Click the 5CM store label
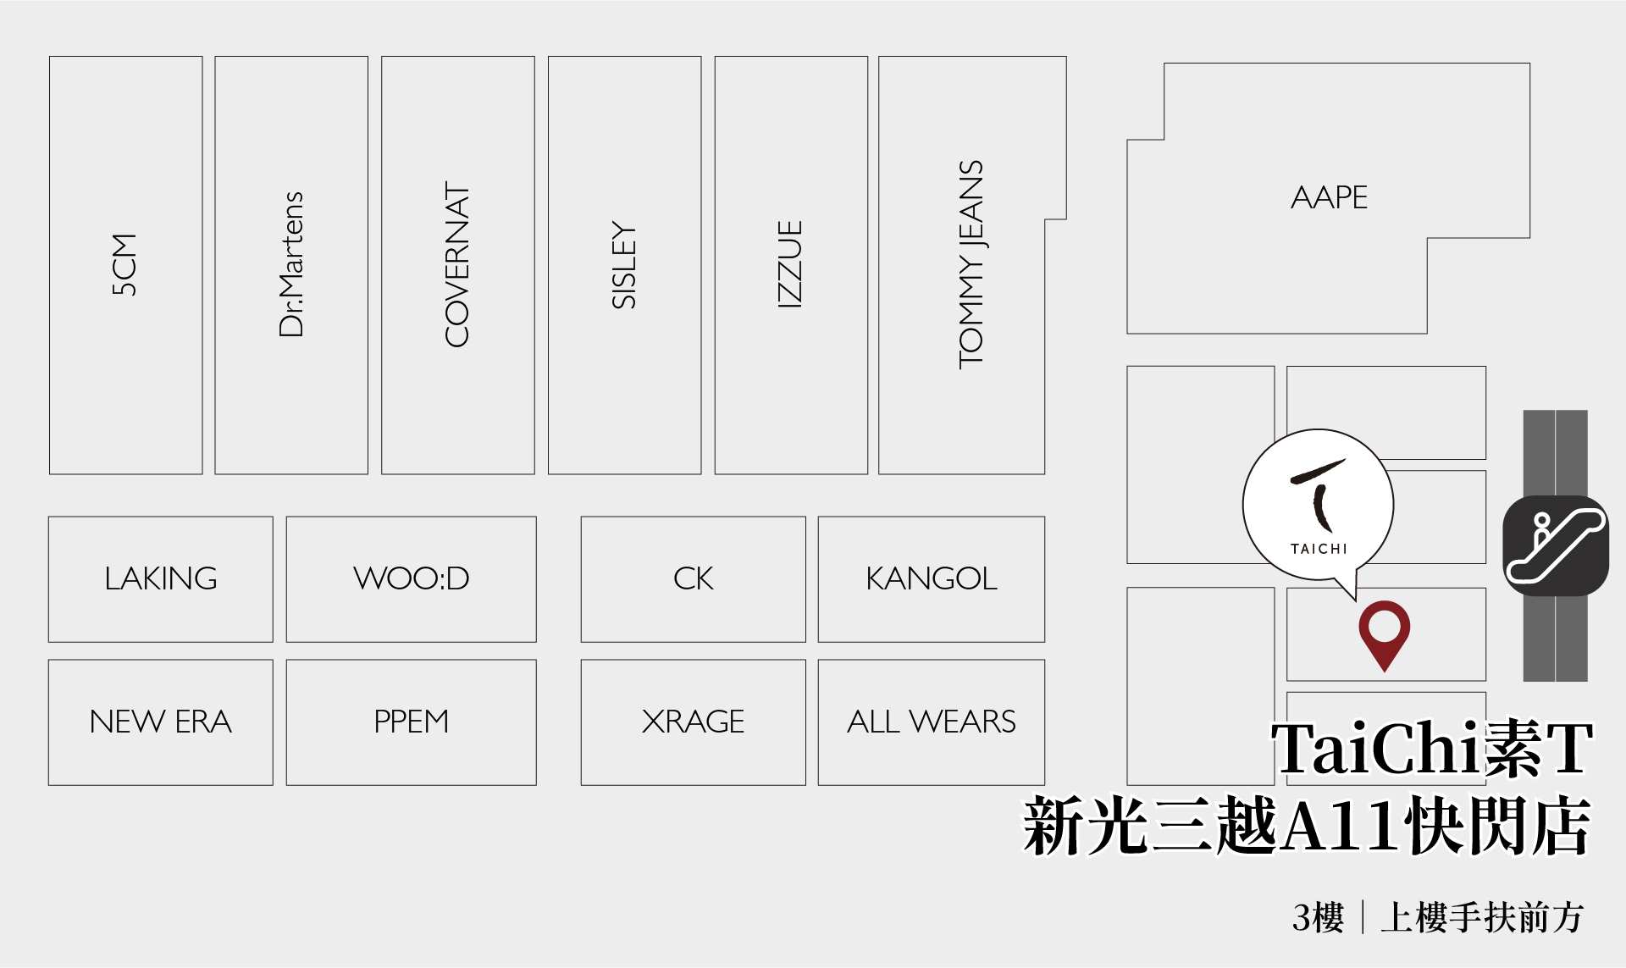pyautogui.click(x=124, y=264)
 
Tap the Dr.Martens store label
pyautogui.click(x=290, y=264)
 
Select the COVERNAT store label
pyautogui.click(x=457, y=264)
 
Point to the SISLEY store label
pyautogui.click(x=623, y=264)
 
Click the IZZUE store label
pyautogui.click(x=789, y=264)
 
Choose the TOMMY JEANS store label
pyautogui.click(x=971, y=264)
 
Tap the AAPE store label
pyautogui.click(x=1329, y=197)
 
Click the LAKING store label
pyautogui.click(x=161, y=578)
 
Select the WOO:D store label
pyautogui.click(x=411, y=578)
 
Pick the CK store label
pyautogui.click(x=693, y=578)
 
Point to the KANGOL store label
pyautogui.click(x=931, y=578)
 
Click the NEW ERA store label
pyautogui.click(x=161, y=722)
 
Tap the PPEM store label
pyautogui.click(x=411, y=722)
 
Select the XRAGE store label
pyautogui.click(x=693, y=722)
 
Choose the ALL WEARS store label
pyautogui.click(x=931, y=722)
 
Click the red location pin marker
pyautogui.click(x=1384, y=631)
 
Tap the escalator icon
pyautogui.click(x=1556, y=545)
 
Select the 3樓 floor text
pyautogui.click(x=1318, y=917)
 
